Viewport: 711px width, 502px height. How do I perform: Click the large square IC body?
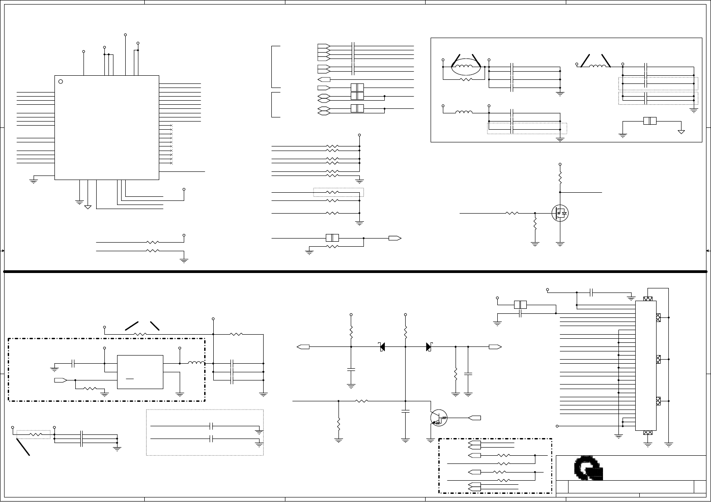click(107, 127)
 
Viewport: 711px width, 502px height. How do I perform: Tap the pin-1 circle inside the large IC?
click(61, 82)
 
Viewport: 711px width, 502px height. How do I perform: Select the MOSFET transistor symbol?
click(560, 213)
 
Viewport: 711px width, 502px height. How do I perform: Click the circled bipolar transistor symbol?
click(438, 418)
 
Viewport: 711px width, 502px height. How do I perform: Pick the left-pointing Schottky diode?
click(382, 347)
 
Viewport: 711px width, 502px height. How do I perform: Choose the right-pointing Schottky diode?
click(429, 347)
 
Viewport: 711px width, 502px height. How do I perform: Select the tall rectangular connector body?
click(646, 366)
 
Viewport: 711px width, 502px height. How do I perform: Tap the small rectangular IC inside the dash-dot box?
click(140, 372)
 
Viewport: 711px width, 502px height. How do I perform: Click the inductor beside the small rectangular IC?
click(196, 363)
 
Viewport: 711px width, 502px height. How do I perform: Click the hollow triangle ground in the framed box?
click(681, 132)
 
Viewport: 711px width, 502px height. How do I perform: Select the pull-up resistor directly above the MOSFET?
click(560, 177)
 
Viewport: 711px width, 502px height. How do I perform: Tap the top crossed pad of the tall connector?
click(648, 299)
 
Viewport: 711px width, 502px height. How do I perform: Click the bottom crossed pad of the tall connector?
click(648, 433)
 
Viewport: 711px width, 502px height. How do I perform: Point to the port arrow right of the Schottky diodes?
click(495, 347)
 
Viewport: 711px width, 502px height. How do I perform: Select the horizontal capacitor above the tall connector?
click(592, 292)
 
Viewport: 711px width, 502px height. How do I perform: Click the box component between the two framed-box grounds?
click(650, 121)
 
